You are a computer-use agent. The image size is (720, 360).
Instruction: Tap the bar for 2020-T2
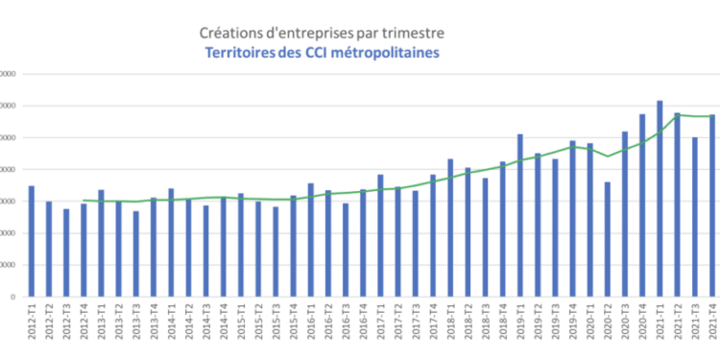(x=607, y=239)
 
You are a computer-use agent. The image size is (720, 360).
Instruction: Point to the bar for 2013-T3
(x=136, y=253)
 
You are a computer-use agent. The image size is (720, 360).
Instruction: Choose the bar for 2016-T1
(x=310, y=240)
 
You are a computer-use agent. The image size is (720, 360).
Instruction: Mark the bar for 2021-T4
(x=711, y=205)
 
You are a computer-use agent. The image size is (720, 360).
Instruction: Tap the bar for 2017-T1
(x=380, y=235)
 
